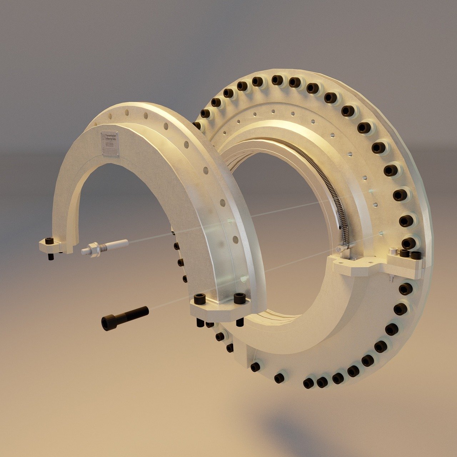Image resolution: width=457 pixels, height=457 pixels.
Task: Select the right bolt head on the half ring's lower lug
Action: pyautogui.click(x=240, y=297)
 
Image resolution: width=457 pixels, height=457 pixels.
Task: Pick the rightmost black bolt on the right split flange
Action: pyautogui.click(x=416, y=255)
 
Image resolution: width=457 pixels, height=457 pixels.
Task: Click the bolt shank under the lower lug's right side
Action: pyautogui.click(x=240, y=322)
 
